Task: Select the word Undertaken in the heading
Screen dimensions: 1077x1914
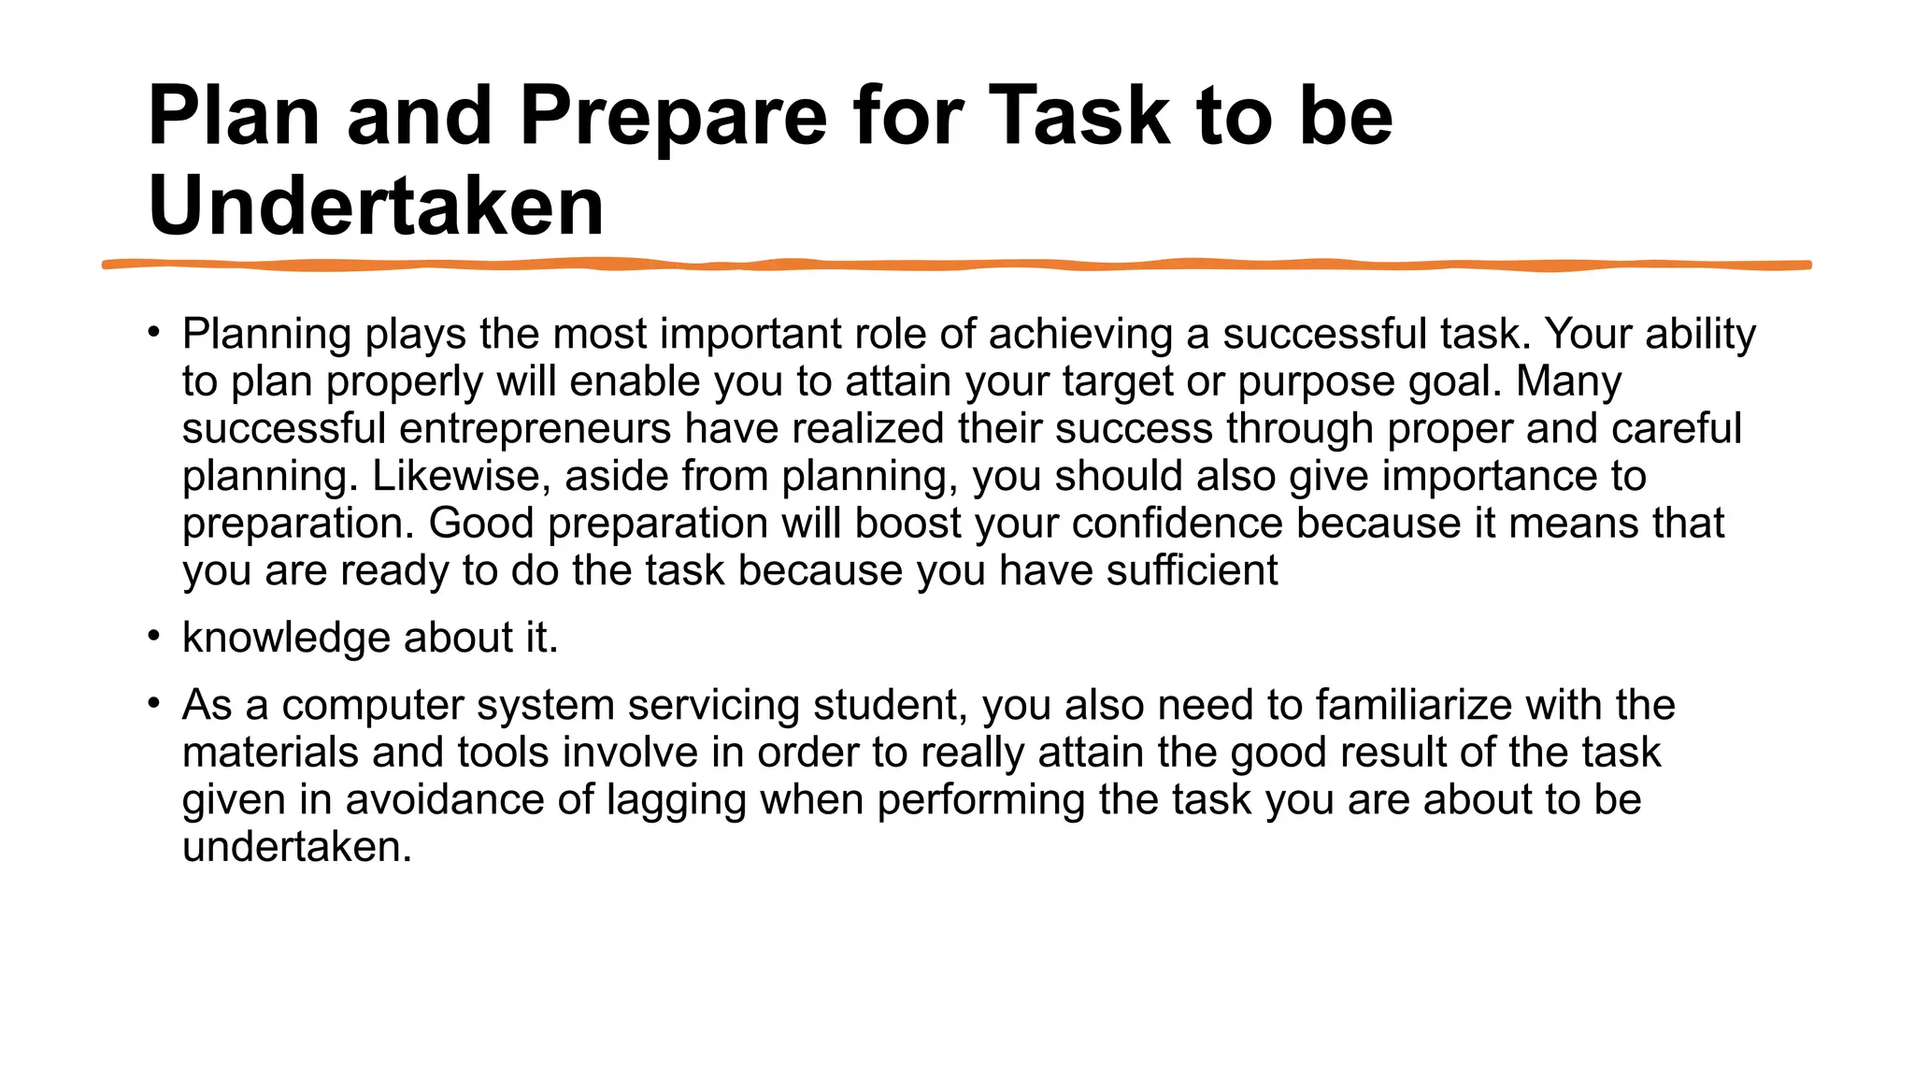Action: [376, 207]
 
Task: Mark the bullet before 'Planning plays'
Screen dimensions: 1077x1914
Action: [154, 332]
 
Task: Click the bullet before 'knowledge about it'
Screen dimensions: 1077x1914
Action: [154, 637]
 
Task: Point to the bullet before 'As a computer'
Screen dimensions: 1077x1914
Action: [154, 703]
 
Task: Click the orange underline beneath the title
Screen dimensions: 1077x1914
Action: [957, 266]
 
